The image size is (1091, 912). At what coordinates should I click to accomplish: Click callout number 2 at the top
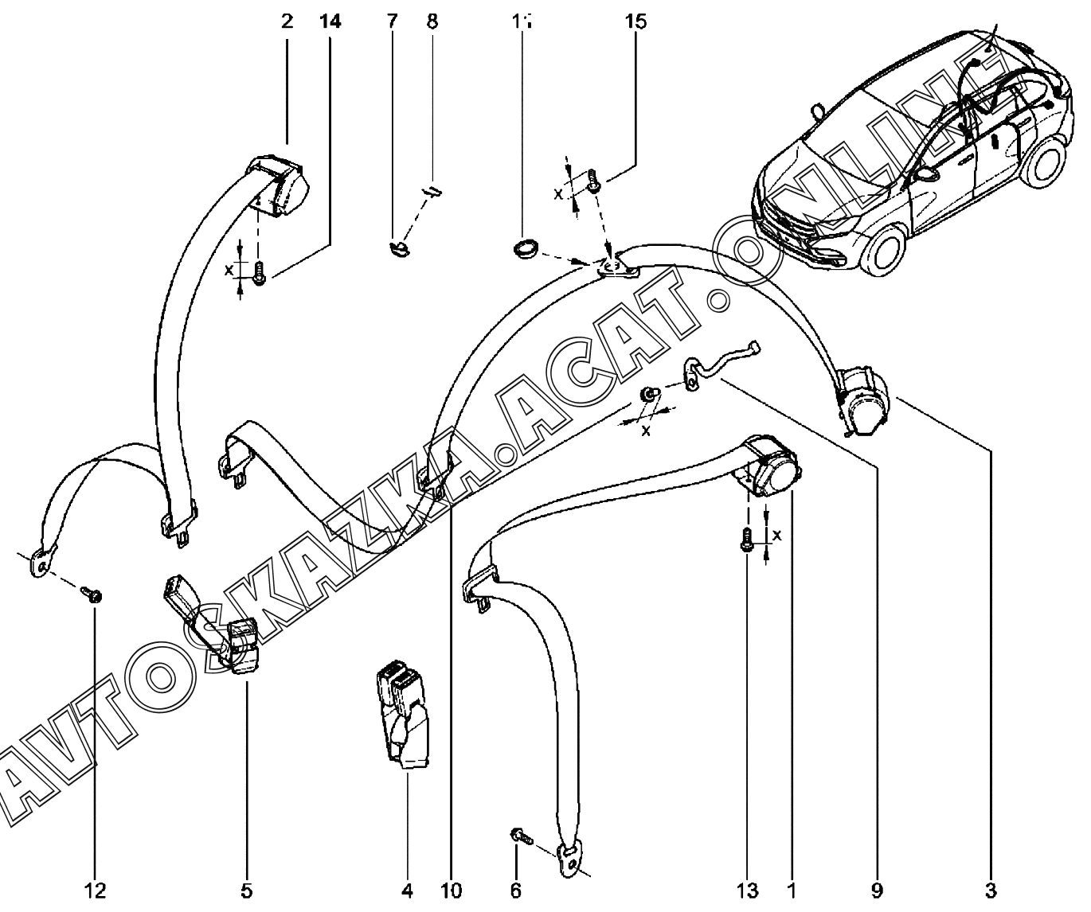click(287, 21)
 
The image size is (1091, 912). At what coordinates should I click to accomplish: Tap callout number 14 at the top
click(330, 21)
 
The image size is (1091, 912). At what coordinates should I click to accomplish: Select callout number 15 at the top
click(636, 21)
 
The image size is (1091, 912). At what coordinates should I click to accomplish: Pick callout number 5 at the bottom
click(246, 891)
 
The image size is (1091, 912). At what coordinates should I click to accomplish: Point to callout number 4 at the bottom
click(407, 891)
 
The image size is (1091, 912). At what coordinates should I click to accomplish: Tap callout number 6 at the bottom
click(515, 891)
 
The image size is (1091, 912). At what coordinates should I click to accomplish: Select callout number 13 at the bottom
click(748, 891)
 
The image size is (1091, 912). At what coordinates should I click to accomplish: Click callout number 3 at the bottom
click(991, 891)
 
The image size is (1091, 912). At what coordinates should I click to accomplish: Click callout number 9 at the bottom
click(877, 891)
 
